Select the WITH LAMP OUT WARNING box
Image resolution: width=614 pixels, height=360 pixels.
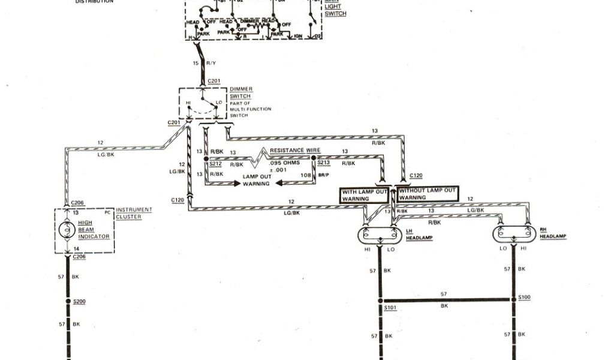pos(364,195)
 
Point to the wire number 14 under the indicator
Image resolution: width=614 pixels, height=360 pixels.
pos(75,248)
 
